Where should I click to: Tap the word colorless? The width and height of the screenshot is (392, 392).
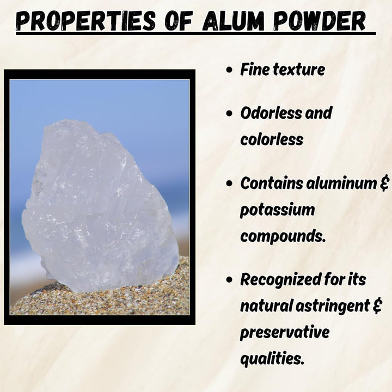point(272,139)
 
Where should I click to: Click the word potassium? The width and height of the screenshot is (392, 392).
point(277,210)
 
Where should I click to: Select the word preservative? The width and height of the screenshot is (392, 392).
point(285,332)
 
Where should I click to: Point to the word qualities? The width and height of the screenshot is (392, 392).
point(272,358)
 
